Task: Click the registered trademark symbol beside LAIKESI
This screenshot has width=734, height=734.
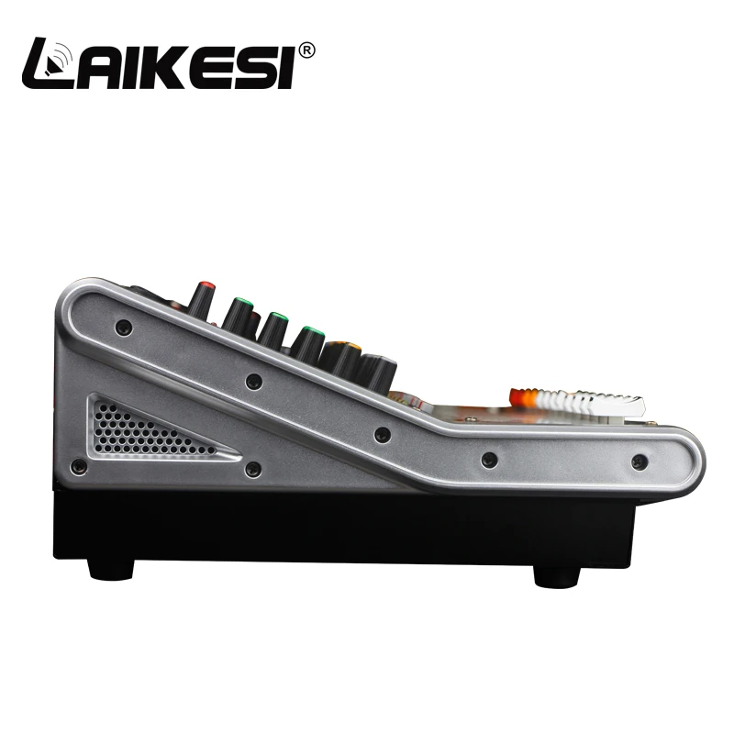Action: (306, 50)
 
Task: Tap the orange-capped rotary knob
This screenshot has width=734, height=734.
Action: (340, 359)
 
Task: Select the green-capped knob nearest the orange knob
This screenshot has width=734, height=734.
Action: (307, 346)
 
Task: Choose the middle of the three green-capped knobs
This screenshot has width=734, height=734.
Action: (272, 329)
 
